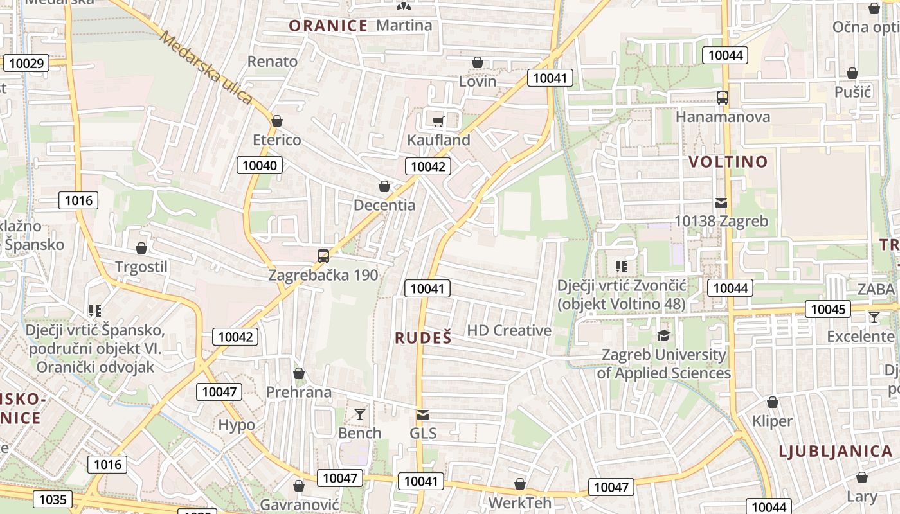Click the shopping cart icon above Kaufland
[x=438, y=121]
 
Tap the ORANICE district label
[x=328, y=26]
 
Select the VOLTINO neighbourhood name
[x=728, y=162]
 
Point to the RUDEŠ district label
[x=423, y=338]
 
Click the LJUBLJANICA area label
[x=836, y=451]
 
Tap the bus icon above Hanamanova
[x=723, y=98]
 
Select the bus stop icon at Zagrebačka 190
[x=323, y=256]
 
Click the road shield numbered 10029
[x=26, y=63]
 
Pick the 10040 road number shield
[x=260, y=165]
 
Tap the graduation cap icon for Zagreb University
[x=663, y=335]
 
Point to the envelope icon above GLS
[x=422, y=415]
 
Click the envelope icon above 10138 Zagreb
[x=721, y=203]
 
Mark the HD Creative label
[x=509, y=330]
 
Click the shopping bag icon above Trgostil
[x=141, y=248]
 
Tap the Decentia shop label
[x=384, y=206]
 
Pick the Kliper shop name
[x=773, y=421]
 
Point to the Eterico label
[x=276, y=140]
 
